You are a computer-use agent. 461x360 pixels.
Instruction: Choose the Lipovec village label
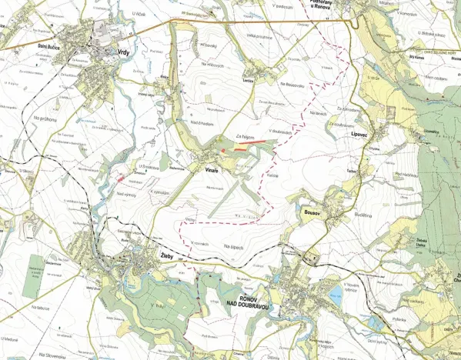[361, 133]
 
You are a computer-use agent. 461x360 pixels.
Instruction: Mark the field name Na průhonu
[47, 119]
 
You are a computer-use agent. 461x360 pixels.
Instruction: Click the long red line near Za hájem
[252, 142]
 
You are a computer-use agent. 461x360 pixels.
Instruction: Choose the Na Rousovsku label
[293, 82]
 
